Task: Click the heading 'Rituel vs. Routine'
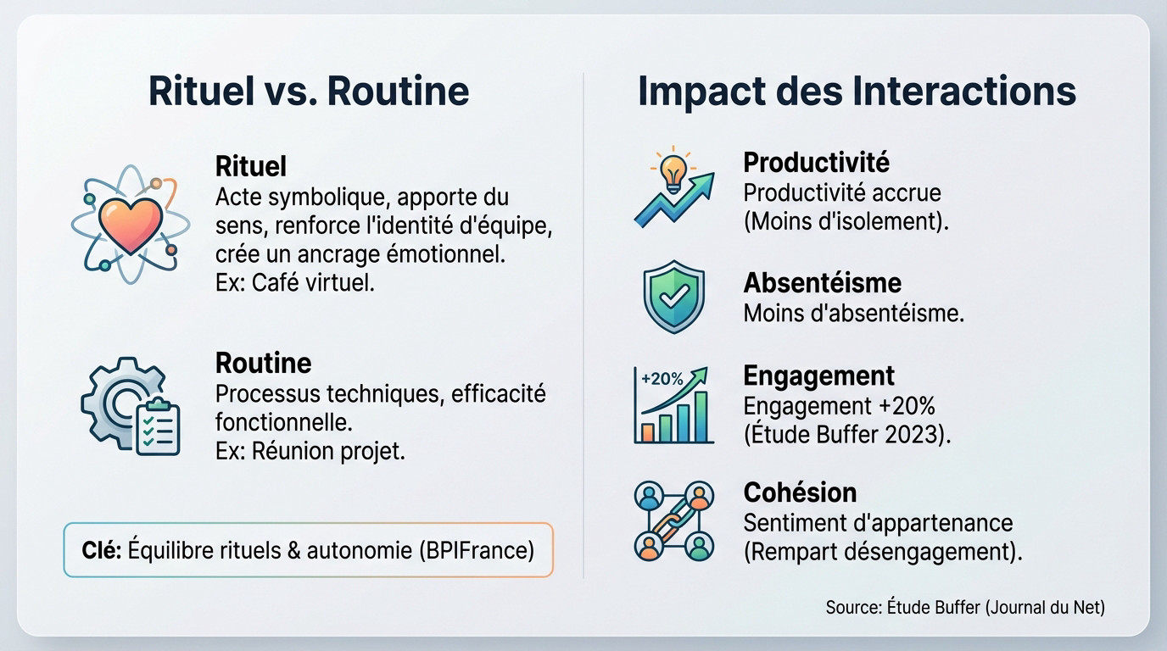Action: point(309,91)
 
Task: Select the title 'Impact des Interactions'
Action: point(857,91)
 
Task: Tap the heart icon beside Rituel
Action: point(130,224)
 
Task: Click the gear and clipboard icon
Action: point(131,405)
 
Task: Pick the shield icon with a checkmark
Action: point(674,298)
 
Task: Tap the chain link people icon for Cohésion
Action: point(674,520)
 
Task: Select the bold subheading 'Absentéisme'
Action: point(822,282)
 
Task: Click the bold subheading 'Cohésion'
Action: point(800,492)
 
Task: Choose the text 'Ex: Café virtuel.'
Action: point(295,282)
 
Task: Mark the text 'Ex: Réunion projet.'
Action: point(310,451)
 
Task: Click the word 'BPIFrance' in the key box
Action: point(476,550)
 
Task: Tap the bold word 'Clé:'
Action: point(103,550)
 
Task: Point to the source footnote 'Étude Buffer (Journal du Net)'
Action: point(996,607)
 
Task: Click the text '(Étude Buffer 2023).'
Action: point(847,435)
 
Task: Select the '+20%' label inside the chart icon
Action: point(662,379)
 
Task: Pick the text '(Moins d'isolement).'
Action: point(846,222)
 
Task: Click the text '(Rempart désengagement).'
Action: point(883,552)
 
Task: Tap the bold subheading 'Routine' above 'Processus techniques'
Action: point(264,363)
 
